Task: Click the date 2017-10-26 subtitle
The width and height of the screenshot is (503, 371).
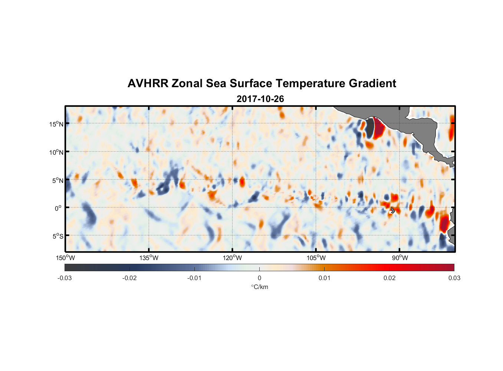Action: tap(260, 99)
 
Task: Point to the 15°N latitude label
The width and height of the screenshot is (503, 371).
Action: tap(56, 124)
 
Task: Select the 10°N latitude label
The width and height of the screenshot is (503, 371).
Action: tap(56, 152)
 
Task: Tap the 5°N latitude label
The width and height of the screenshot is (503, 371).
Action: tap(57, 180)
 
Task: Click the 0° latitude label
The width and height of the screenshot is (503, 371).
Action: tap(58, 208)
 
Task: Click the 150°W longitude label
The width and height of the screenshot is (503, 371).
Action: tap(65, 258)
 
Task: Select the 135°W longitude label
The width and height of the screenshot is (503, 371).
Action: tap(149, 258)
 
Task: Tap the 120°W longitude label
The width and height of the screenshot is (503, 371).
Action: tap(232, 258)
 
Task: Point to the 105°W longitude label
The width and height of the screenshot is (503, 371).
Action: tap(316, 258)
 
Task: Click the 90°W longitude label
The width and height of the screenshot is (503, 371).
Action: tap(400, 258)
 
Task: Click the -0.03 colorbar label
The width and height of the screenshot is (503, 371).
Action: tap(65, 278)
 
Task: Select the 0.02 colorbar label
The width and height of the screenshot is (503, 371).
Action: tap(389, 278)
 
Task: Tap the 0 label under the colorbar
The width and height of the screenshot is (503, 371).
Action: tap(259, 278)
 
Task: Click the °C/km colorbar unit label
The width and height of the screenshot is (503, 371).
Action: tap(259, 287)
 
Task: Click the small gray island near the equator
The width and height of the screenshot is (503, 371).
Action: tap(393, 210)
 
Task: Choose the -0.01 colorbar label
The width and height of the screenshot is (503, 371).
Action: tap(194, 278)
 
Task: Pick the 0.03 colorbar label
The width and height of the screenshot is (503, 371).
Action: tap(454, 278)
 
